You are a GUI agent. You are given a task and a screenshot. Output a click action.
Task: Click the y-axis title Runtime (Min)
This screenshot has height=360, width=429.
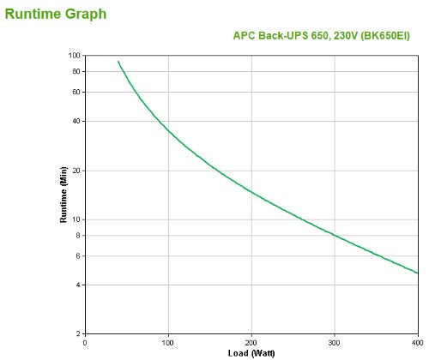[63, 195]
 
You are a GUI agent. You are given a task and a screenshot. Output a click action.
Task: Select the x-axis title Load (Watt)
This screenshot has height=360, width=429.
[251, 352]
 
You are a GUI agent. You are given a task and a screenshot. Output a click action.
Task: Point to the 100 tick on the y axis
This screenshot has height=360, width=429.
[74, 56]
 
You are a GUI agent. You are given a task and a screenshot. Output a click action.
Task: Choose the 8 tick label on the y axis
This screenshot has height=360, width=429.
[77, 235]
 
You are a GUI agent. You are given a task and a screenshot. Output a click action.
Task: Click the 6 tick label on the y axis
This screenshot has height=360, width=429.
[77, 255]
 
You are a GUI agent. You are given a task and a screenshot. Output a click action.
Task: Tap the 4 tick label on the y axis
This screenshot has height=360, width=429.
[77, 285]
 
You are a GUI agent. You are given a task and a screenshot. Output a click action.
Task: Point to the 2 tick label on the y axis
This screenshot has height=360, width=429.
[77, 333]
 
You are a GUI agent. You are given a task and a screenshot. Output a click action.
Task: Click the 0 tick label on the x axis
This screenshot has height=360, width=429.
[85, 342]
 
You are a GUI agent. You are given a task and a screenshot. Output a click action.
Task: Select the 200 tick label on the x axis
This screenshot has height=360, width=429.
[251, 342]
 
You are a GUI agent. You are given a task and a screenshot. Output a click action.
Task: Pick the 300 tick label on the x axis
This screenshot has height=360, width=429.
[334, 342]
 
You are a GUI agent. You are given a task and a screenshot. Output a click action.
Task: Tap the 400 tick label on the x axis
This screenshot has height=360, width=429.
[416, 342]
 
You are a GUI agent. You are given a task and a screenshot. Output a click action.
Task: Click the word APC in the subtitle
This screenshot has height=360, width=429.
[245, 36]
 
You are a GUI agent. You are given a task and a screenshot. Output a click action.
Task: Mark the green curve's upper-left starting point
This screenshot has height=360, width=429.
[118, 61]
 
